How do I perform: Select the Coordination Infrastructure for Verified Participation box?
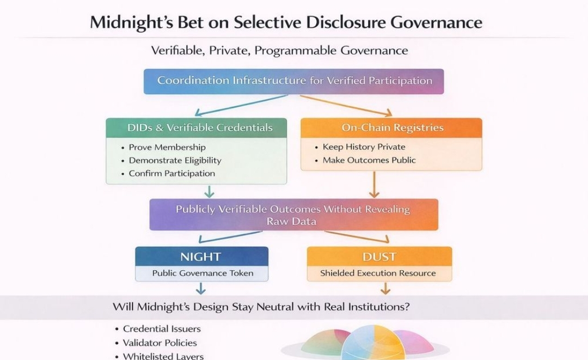(294, 81)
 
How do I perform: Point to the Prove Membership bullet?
(167, 147)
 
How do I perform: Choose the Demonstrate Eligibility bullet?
(175, 160)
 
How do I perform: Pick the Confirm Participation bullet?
(171, 173)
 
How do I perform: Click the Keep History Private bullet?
(364, 147)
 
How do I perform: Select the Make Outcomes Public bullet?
(369, 160)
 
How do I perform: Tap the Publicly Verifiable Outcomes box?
(293, 215)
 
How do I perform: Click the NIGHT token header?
(201, 256)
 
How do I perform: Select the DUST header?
(379, 256)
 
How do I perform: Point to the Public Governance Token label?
(203, 273)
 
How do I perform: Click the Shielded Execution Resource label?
(378, 273)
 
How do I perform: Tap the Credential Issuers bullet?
(162, 329)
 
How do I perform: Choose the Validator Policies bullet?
(160, 343)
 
